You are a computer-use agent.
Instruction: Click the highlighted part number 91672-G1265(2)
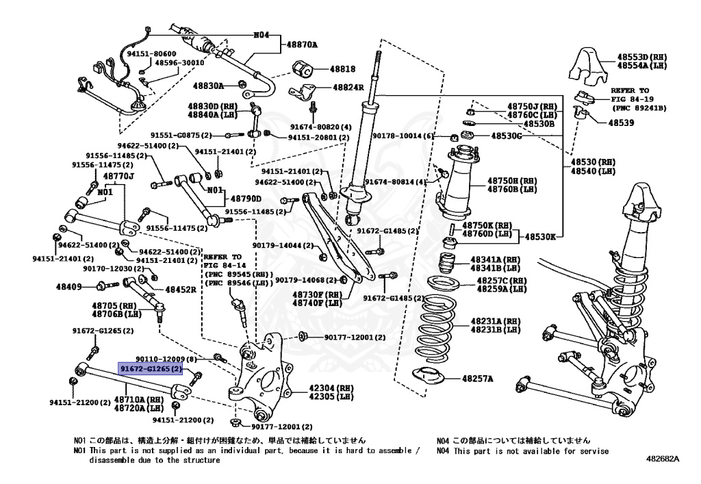point(151,369)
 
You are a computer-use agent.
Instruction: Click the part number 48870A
point(302,44)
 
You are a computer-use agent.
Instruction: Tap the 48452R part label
point(181,290)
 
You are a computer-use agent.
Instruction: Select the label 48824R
point(348,88)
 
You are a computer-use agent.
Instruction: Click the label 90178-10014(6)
point(403,136)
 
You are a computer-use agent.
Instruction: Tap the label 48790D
point(238,198)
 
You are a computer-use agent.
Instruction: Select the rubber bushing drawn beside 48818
point(302,68)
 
